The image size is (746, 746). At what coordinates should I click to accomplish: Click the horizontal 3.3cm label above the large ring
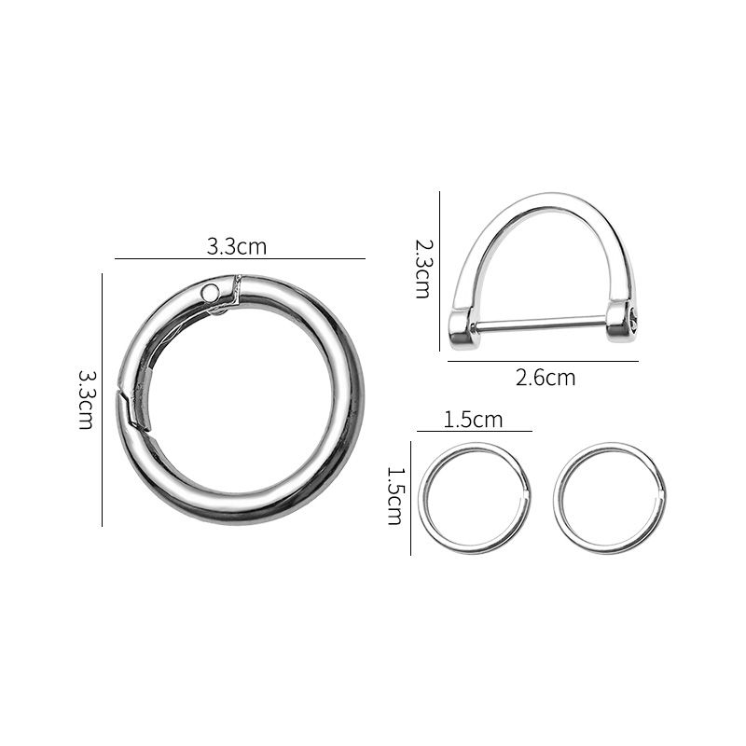237,246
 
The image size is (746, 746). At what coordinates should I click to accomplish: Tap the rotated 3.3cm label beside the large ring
85,398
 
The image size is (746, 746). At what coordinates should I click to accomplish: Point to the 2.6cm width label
546,378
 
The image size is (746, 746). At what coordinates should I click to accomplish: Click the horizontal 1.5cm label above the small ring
473,420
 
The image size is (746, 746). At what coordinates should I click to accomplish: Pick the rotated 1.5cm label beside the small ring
394,496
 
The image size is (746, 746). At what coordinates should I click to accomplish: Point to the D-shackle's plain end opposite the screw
462,326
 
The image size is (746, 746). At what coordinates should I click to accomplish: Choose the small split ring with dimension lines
476,498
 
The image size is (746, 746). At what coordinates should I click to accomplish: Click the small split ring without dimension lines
610,498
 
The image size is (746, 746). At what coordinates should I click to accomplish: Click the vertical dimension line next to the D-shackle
439,270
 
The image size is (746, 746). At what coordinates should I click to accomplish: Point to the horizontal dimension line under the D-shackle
543,361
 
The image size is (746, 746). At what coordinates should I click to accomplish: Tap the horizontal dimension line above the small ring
474,432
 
